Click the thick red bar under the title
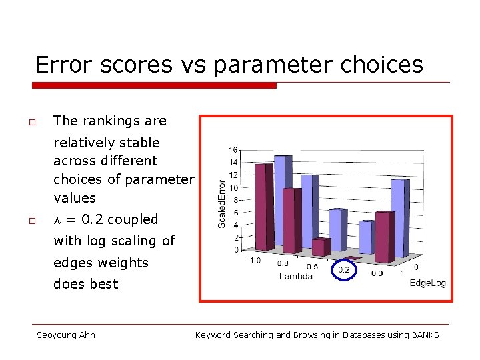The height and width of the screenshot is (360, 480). (155, 85)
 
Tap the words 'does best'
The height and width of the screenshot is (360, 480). (85, 284)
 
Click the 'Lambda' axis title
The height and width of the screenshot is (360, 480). (296, 276)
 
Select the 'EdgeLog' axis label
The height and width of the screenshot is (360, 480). (427, 283)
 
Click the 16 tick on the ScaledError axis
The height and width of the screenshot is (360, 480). (233, 149)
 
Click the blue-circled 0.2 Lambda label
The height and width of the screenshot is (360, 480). (344, 269)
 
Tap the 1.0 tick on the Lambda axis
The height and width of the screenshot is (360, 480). (255, 261)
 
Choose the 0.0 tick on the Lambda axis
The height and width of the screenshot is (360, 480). (377, 273)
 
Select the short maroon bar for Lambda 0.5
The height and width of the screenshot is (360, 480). (321, 247)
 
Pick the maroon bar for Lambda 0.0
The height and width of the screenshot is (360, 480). (383, 237)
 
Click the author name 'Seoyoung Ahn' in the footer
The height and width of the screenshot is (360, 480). (65, 335)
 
